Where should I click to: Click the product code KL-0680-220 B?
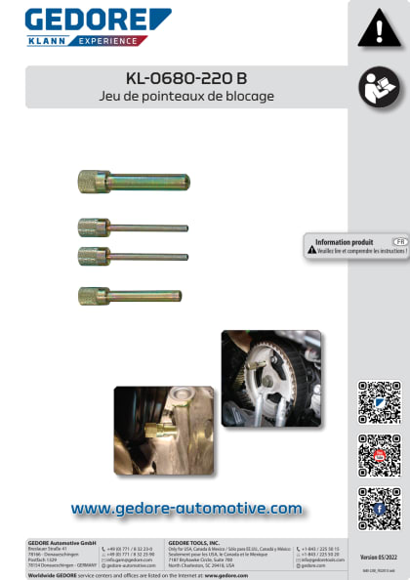[186, 79]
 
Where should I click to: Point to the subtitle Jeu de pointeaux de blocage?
[186, 97]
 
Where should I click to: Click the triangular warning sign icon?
[379, 29]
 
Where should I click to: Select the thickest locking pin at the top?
[134, 181]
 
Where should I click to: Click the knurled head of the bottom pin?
[94, 295]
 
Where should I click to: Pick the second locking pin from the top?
[133, 228]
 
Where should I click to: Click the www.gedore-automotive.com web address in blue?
[186, 508]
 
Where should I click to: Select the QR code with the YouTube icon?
[379, 455]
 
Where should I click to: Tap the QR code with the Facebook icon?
[379, 508]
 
